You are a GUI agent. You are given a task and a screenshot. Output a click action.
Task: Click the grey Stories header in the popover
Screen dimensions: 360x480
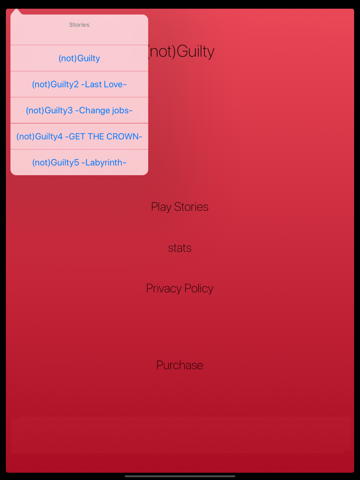[79, 25]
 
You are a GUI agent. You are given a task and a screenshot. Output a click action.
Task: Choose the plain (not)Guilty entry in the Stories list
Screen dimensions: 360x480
[79, 58]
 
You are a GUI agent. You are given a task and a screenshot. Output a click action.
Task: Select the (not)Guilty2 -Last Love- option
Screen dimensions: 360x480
[79, 84]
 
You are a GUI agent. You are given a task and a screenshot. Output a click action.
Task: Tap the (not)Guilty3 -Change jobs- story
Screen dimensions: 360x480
[79, 110]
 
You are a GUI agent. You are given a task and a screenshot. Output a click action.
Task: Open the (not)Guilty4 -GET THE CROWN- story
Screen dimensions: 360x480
[79, 136]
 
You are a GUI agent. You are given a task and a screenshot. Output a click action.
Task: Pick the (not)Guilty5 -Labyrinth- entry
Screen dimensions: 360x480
[79, 163]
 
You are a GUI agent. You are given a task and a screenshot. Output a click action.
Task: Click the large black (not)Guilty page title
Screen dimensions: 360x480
[181, 51]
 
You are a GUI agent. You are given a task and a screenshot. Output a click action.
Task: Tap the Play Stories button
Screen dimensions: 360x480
[180, 207]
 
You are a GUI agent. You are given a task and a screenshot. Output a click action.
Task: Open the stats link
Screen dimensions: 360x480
[180, 248]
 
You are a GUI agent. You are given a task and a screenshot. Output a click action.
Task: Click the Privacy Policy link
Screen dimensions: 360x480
[180, 288]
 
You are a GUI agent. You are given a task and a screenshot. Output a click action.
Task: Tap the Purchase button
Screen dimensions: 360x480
[180, 365]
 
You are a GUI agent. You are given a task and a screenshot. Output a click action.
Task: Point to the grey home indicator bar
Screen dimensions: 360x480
[180, 476]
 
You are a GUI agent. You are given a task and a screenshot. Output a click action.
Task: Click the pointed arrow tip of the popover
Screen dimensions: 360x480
[16, 9]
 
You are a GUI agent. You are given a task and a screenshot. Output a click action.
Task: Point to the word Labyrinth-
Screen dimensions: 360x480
[105, 163]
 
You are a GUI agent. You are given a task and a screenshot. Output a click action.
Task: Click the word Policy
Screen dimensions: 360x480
[199, 289]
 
